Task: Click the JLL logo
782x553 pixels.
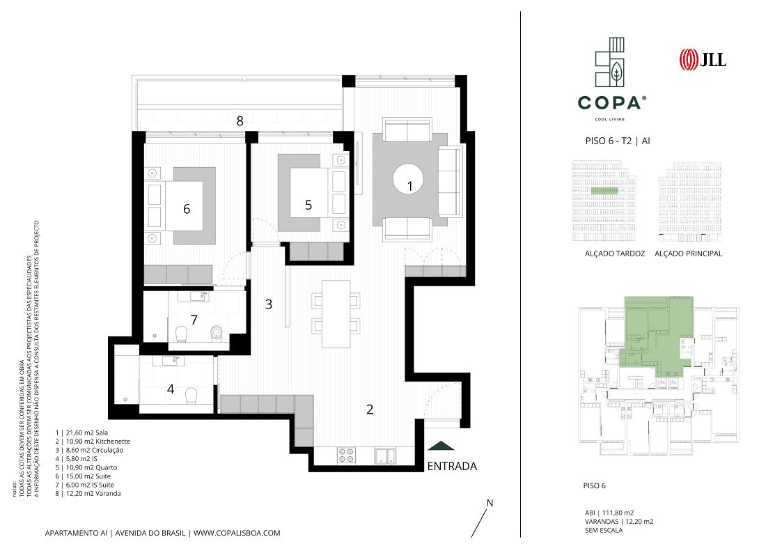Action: pos(702,59)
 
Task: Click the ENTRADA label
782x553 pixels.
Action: pos(452,466)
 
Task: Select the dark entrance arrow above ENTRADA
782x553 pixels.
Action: pos(441,446)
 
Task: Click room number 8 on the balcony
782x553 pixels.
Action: pos(240,120)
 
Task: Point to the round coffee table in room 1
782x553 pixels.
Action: pos(409,179)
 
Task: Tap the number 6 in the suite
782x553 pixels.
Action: pos(187,209)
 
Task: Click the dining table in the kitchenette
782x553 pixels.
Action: pos(336,313)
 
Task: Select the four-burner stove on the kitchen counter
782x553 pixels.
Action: pos(347,455)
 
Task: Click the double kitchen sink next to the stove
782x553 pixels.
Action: pos(385,455)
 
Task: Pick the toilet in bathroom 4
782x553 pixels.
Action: pos(191,396)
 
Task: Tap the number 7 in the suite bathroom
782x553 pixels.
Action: pos(194,320)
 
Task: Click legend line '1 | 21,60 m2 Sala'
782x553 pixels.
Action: pos(81,433)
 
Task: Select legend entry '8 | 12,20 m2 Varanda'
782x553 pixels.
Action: pos(88,494)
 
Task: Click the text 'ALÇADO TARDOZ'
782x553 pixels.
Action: pos(614,254)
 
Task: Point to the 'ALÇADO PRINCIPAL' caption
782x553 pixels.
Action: pos(688,254)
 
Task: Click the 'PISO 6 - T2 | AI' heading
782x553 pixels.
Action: pos(618,141)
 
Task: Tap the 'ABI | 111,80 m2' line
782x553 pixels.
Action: pos(609,513)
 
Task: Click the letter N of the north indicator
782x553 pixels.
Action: pos(490,503)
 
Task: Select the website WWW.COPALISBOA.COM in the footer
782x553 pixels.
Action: pos(237,533)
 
